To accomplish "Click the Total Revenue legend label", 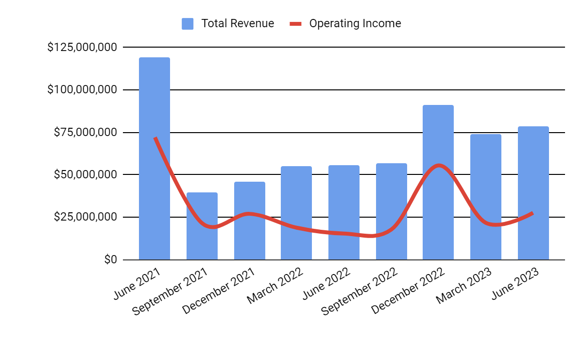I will [238, 23].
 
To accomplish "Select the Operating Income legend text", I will [355, 23].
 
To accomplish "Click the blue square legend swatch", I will [188, 23].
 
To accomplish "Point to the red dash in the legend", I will [296, 23].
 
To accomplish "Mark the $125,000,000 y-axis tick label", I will [82, 47].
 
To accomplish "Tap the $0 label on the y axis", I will [110, 259].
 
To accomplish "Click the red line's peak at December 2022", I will [438, 165].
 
